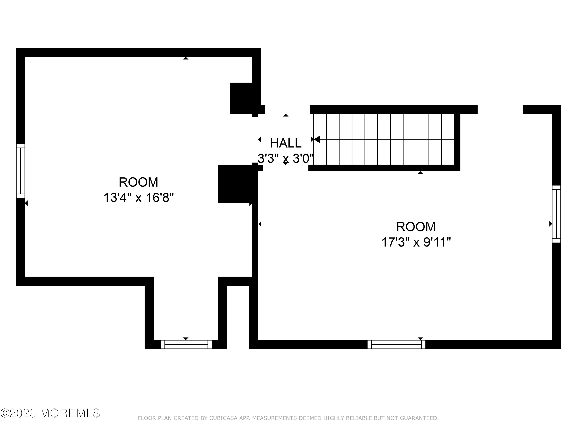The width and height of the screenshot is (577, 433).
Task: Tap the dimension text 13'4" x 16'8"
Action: click(x=138, y=198)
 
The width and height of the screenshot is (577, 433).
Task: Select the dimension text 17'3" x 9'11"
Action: click(x=416, y=242)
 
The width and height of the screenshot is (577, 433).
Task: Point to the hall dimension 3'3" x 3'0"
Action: click(x=286, y=158)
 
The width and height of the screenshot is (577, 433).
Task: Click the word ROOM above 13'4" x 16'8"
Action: click(x=138, y=182)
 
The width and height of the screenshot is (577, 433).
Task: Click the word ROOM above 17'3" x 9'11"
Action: click(x=416, y=227)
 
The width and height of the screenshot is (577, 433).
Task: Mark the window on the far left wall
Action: click(x=21, y=171)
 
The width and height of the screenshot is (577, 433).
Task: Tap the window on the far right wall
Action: click(x=556, y=214)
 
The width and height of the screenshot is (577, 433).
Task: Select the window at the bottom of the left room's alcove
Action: click(x=186, y=344)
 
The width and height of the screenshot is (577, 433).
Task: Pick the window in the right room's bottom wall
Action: click(x=396, y=344)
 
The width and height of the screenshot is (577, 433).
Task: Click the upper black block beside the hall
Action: click(x=241, y=98)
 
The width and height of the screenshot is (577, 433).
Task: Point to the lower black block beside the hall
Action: click(x=235, y=184)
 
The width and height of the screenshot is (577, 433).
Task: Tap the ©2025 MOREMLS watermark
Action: click(x=50, y=413)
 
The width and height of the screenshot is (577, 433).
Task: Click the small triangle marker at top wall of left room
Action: click(x=185, y=58)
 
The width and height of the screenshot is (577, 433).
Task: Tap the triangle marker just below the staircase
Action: click(x=420, y=173)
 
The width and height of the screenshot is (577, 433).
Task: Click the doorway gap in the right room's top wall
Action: click(x=500, y=109)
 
